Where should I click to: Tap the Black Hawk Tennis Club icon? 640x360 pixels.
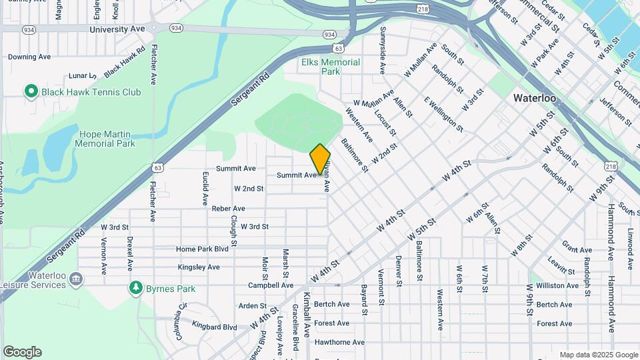point(30,91)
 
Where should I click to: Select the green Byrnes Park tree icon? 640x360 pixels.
point(136,288)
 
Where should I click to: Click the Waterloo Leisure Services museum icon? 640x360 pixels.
point(76,278)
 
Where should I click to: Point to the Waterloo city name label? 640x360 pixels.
point(535,98)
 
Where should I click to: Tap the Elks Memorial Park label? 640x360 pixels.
point(331,67)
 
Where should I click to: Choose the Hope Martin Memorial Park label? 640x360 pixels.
point(105,139)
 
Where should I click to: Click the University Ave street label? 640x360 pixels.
point(117,29)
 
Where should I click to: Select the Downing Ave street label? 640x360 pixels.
point(29,57)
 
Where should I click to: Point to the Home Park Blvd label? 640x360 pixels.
point(202,249)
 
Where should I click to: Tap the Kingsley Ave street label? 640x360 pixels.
point(199,267)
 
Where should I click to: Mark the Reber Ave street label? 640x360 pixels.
point(229,208)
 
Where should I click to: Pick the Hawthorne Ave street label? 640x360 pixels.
point(339,342)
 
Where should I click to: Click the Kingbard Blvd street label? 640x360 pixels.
point(214,327)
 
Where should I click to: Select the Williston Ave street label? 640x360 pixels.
point(559,285)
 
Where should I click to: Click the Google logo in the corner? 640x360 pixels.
point(22,352)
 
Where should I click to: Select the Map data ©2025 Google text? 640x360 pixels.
point(599,355)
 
